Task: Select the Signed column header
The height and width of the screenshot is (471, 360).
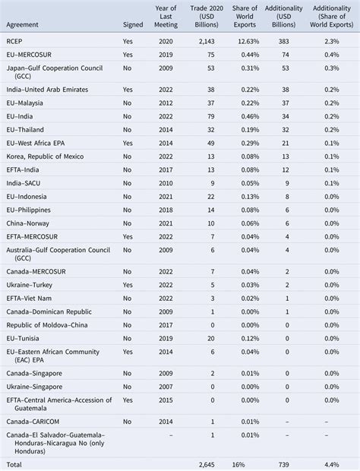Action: (x=132, y=24)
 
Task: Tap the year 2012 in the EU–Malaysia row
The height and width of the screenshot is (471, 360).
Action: (x=166, y=103)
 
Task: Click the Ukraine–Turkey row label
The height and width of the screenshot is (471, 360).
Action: (x=33, y=284)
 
